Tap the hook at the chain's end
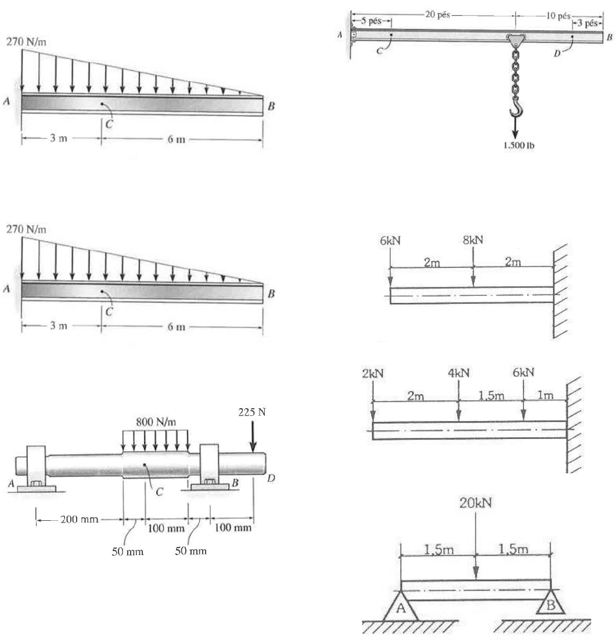coord(516,106)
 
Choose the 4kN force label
coord(458,373)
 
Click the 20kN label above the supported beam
coord(476,502)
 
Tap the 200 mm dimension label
coord(78,518)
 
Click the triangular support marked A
coord(400,606)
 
